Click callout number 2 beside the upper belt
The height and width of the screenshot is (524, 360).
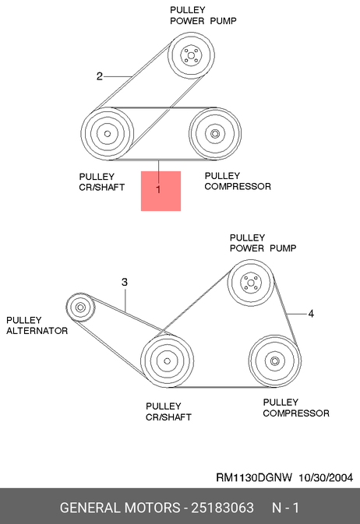pyautogui.click(x=100, y=76)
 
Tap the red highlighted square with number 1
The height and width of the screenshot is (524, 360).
pyautogui.click(x=161, y=192)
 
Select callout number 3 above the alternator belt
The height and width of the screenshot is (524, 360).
pyautogui.click(x=125, y=282)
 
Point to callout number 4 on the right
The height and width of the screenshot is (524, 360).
pyautogui.click(x=311, y=314)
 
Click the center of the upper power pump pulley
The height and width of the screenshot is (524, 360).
pyautogui.click(x=191, y=55)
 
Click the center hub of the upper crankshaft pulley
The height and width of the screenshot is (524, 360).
pyautogui.click(x=108, y=134)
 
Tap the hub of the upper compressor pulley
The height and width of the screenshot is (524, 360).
pyautogui.click(x=214, y=134)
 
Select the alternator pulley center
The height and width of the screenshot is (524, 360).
pyautogui.click(x=80, y=307)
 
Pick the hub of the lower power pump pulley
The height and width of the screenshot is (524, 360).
pyautogui.click(x=251, y=283)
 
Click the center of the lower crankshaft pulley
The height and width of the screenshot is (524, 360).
pyautogui.click(x=168, y=361)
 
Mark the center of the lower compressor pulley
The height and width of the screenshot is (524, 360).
pyautogui.click(x=275, y=361)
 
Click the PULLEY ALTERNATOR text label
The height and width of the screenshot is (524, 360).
pyautogui.click(x=37, y=325)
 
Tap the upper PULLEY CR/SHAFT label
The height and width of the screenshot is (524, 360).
pyautogui.click(x=102, y=181)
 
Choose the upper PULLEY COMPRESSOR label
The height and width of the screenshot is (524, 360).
pyautogui.click(x=238, y=181)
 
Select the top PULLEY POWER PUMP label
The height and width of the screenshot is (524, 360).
pyautogui.click(x=203, y=16)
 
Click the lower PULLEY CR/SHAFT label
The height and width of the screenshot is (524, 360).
pyautogui.click(x=168, y=412)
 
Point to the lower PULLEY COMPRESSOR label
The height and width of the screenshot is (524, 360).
pyautogui.click(x=296, y=408)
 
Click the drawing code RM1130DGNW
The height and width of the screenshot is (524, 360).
pyautogui.click(x=254, y=477)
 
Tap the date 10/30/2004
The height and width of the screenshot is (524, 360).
pyautogui.click(x=326, y=477)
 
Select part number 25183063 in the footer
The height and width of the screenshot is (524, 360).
pyautogui.click(x=222, y=508)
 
